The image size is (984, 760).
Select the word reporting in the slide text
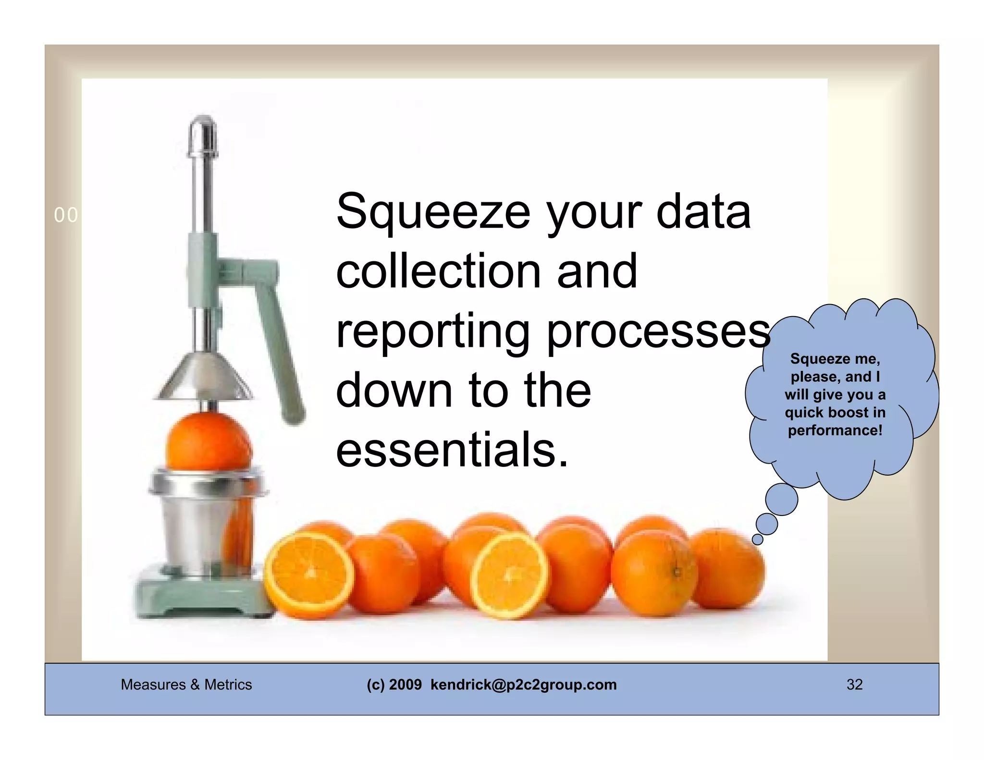[x=432, y=331]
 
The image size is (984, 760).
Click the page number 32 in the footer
[x=854, y=685]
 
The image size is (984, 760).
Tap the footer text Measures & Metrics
[x=186, y=685]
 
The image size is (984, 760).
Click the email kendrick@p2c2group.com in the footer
[x=523, y=685]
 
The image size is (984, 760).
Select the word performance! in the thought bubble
[x=835, y=430]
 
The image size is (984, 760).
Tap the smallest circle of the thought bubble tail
[x=757, y=539]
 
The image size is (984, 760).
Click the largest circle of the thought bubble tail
[x=781, y=500]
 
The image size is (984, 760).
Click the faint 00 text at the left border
[x=66, y=215]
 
